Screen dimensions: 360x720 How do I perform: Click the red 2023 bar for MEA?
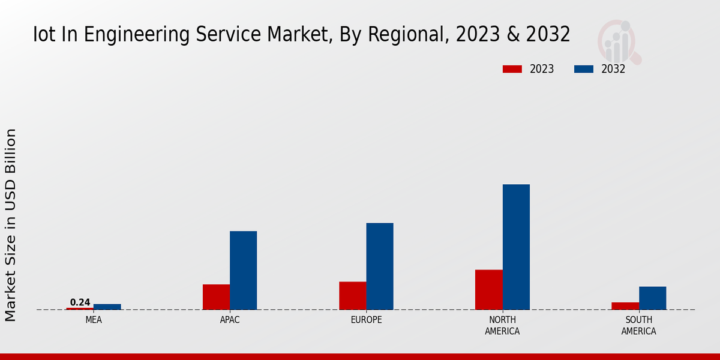click(x=80, y=308)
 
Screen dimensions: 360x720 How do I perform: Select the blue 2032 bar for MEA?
click(x=107, y=307)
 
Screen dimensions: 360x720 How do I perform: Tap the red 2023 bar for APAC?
click(x=216, y=297)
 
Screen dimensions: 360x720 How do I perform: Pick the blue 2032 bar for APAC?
click(x=243, y=270)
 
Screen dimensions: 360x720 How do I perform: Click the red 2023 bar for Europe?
click(x=352, y=295)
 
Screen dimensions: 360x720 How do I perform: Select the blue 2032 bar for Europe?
click(x=380, y=266)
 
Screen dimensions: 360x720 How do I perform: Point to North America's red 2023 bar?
click(x=488, y=289)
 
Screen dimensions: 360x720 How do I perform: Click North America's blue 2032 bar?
click(x=516, y=247)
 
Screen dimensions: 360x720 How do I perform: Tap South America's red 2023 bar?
click(x=625, y=306)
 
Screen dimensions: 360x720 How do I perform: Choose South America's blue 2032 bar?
click(x=652, y=298)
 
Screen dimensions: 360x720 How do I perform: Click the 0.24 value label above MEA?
click(x=80, y=302)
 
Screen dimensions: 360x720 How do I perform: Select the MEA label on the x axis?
click(x=94, y=320)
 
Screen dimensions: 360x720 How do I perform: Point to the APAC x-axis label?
click(x=230, y=320)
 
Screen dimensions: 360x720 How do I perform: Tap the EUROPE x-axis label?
click(x=366, y=320)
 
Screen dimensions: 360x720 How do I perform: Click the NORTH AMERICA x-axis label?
click(x=502, y=326)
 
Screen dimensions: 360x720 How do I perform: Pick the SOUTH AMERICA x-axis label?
click(x=638, y=326)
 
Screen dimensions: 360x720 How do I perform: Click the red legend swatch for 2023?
click(x=512, y=69)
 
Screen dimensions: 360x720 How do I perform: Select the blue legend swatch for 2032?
click(x=584, y=69)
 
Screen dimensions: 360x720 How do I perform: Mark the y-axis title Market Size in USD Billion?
click(x=11, y=225)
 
